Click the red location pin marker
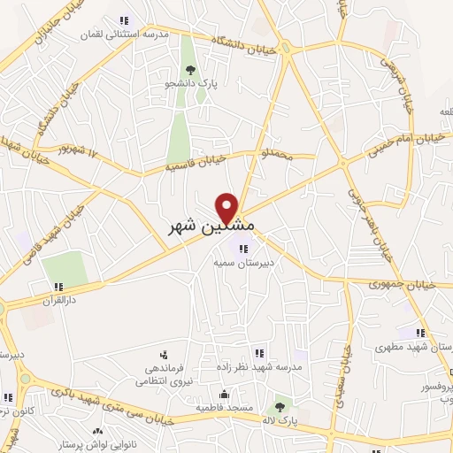(x=227, y=206)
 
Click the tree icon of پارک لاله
(x=280, y=407)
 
